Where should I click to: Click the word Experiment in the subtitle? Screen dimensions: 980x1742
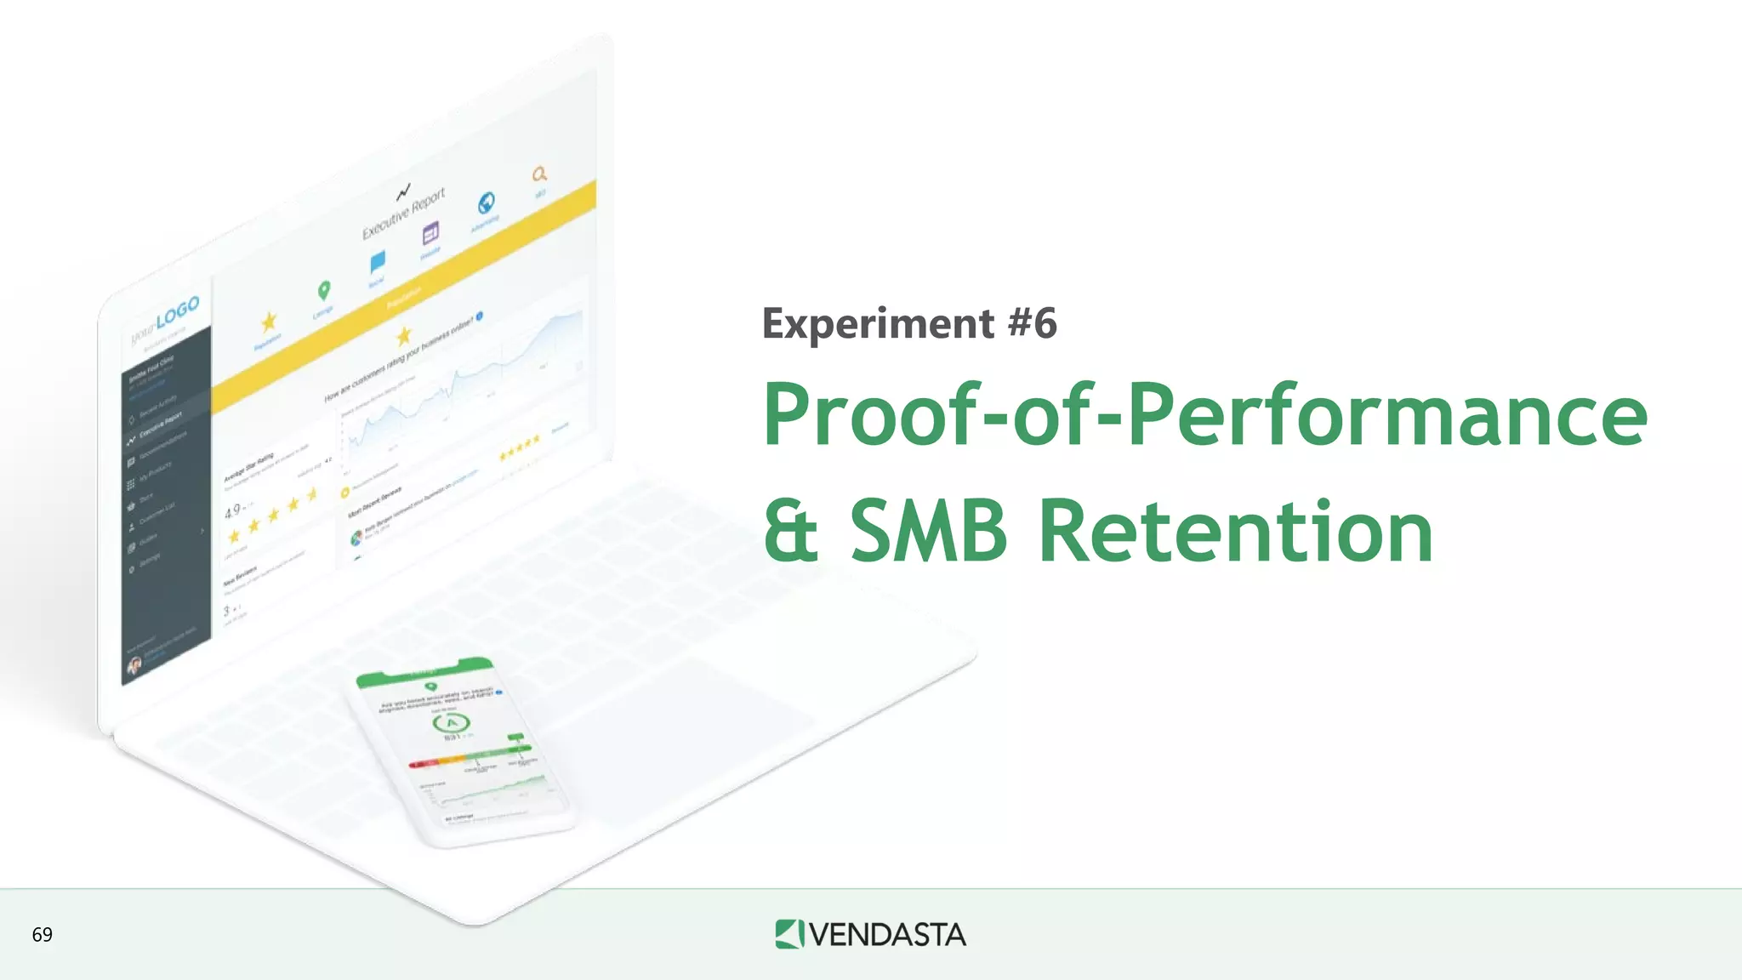[878, 324]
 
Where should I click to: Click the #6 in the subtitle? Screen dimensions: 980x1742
[1032, 324]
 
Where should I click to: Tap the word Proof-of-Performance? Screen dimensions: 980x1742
[1204, 414]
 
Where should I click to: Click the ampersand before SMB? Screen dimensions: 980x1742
[791, 533]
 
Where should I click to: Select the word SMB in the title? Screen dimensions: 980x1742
[928, 533]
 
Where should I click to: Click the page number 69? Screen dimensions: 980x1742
[42, 935]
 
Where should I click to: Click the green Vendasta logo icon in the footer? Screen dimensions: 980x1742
[788, 934]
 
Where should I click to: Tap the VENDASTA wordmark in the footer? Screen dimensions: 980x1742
[886, 935]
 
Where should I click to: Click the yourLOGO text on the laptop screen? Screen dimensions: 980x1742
[166, 320]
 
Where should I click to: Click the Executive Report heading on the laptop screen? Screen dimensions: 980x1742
[403, 214]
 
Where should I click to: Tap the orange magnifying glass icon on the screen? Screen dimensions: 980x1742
[539, 174]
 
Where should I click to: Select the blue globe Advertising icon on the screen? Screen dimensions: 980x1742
[486, 202]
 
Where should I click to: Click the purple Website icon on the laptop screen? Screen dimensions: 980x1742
[431, 232]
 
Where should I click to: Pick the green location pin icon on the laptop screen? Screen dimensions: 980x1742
[323, 291]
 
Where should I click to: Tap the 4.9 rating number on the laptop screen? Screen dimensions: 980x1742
[232, 511]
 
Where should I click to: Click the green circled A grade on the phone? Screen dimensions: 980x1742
[452, 723]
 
